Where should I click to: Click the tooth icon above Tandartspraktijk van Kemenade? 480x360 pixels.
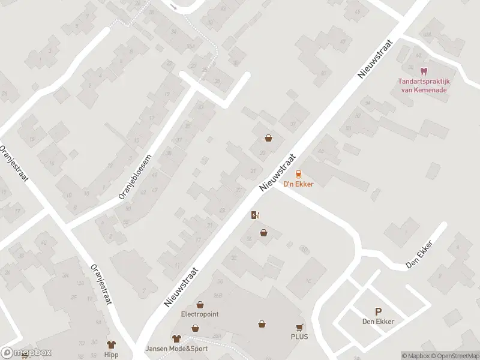pos(425,71)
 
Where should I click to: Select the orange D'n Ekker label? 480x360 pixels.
pos(298,184)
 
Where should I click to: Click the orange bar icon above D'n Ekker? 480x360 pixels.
pos(298,174)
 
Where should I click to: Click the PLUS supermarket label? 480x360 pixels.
pos(299,337)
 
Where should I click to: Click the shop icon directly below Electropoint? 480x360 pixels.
pos(195,328)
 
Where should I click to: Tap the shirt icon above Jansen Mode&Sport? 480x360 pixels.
pos(176,339)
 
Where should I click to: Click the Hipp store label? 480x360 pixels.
pos(111,355)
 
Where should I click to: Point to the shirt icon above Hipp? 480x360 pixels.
pos(111,344)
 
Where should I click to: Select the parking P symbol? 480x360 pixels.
pos(378,311)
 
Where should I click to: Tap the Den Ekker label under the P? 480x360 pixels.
pos(378,322)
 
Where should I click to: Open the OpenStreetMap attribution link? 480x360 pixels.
pos(457,356)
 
